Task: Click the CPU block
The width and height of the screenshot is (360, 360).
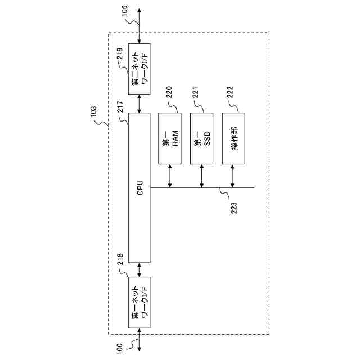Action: pyautogui.click(x=139, y=187)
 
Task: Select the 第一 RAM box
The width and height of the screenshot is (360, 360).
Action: pyautogui.click(x=170, y=138)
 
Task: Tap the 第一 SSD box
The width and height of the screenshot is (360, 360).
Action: pyautogui.click(x=202, y=138)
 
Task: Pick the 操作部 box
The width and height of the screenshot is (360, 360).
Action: pyautogui.click(x=233, y=138)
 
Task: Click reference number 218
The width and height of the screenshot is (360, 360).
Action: pyautogui.click(x=120, y=259)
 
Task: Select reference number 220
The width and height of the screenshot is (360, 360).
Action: pyautogui.click(x=169, y=93)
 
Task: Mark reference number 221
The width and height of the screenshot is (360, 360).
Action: pyautogui.click(x=196, y=93)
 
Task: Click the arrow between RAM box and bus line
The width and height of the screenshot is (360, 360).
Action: pyautogui.click(x=170, y=175)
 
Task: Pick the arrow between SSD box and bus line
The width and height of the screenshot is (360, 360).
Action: pyautogui.click(x=202, y=175)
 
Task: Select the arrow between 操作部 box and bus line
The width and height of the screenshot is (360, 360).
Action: pyautogui.click(x=233, y=175)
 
